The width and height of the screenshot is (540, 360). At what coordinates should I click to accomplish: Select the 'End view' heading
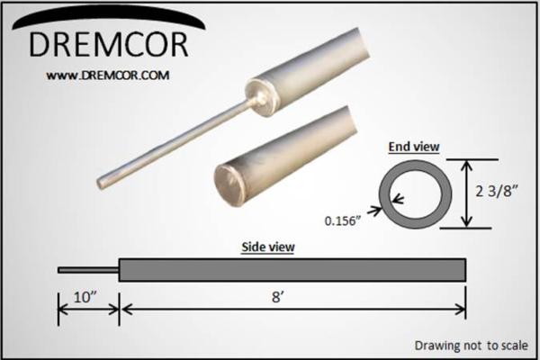tap(410, 146)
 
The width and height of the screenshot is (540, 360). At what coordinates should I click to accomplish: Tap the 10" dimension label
tap(88, 292)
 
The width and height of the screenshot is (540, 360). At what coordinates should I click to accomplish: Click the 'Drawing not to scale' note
tap(470, 345)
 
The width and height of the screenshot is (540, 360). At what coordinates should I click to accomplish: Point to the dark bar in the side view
tap(292, 268)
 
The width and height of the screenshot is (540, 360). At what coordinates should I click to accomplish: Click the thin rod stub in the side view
tap(87, 268)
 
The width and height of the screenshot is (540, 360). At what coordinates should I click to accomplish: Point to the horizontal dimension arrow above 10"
tap(88, 310)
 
